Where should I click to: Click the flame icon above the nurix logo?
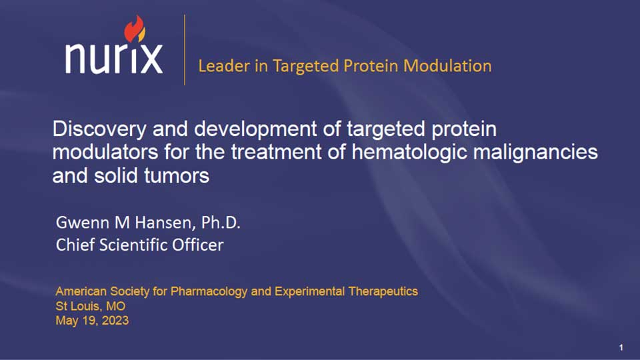coord(135,29)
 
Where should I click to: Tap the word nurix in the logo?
coord(114,58)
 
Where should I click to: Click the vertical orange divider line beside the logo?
coord(185,50)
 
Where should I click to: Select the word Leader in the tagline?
coord(224,66)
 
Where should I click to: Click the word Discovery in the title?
coord(99,129)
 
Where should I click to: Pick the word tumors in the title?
coord(176,176)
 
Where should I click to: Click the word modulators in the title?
coord(105,152)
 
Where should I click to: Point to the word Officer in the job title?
coord(197,245)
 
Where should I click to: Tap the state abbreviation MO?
coord(115,306)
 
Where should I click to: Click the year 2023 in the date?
coord(115,321)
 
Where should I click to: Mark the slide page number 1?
coord(621,347)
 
